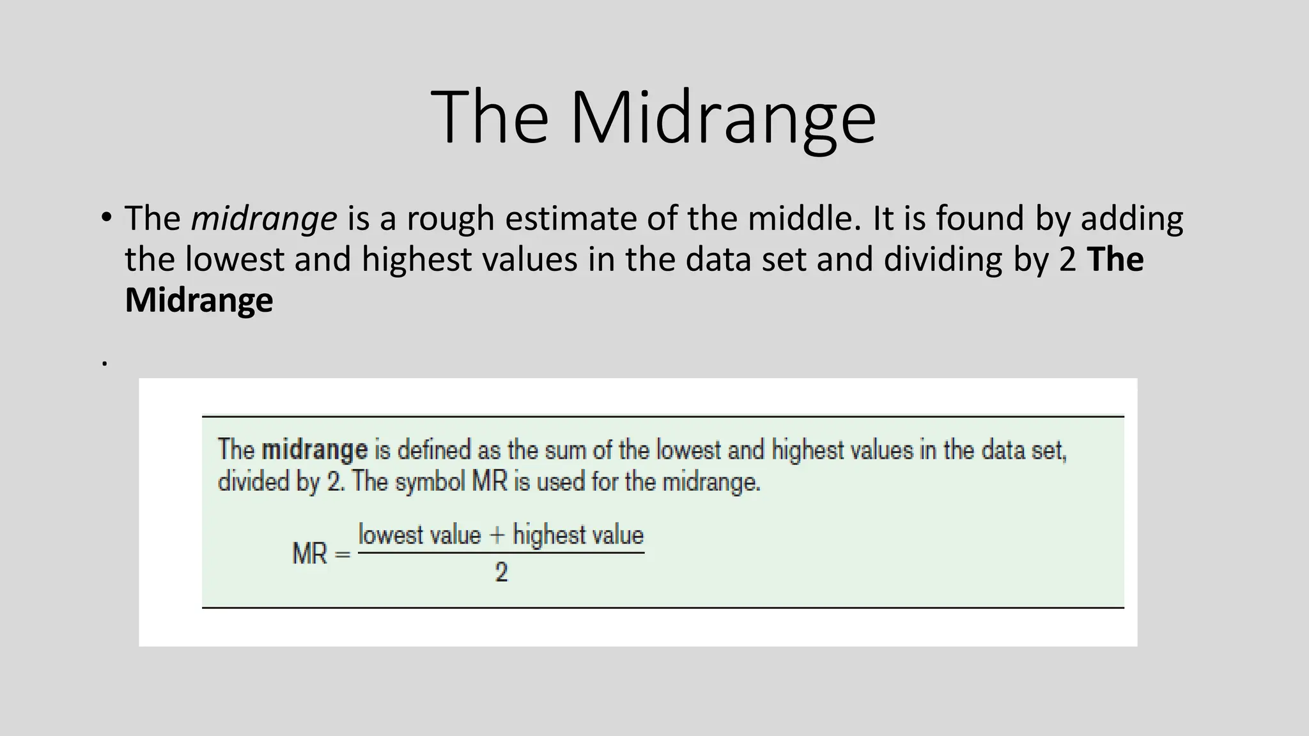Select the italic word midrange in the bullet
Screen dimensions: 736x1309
coord(264,219)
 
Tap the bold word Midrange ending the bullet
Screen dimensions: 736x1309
coord(199,301)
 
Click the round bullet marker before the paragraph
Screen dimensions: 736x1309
coord(106,217)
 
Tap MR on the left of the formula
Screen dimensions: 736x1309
coord(310,554)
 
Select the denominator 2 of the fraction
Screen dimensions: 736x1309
coord(501,572)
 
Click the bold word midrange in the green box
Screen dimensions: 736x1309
coord(314,450)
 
